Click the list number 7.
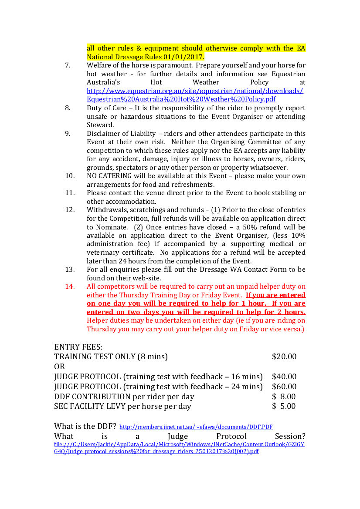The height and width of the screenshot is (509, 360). click(x=68, y=65)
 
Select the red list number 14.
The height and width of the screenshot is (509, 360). click(x=70, y=287)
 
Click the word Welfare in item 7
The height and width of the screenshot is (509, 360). click(x=99, y=65)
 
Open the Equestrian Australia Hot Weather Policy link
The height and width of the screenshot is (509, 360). click(x=195, y=95)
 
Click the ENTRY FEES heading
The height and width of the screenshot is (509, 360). click(x=78, y=347)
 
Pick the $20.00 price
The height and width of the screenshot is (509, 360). click(x=284, y=357)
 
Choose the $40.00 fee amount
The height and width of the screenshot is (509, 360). click(x=284, y=377)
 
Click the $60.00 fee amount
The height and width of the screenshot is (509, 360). click(x=284, y=387)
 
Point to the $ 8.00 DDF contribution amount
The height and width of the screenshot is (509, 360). click(x=284, y=397)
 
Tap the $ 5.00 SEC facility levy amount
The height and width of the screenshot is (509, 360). click(x=284, y=406)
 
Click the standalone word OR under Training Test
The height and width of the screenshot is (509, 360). click(x=59, y=367)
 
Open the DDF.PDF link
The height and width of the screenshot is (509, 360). click(x=196, y=427)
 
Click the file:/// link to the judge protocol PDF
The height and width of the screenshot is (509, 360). click(x=179, y=448)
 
